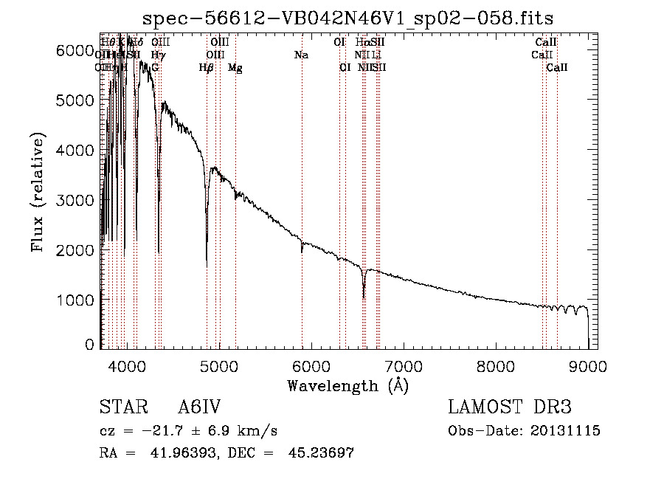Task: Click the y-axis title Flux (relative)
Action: pyautogui.click(x=38, y=192)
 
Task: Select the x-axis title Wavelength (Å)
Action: pyautogui.click(x=347, y=385)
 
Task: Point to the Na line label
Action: pyautogui.click(x=301, y=55)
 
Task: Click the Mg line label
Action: pyautogui.click(x=235, y=68)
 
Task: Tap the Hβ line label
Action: pyautogui.click(x=207, y=68)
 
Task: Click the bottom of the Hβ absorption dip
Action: pyautogui.click(x=207, y=264)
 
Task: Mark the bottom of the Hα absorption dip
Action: pyautogui.click(x=364, y=297)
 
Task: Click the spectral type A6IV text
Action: pyautogui.click(x=199, y=408)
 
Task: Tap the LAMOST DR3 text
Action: pyautogui.click(x=510, y=408)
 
